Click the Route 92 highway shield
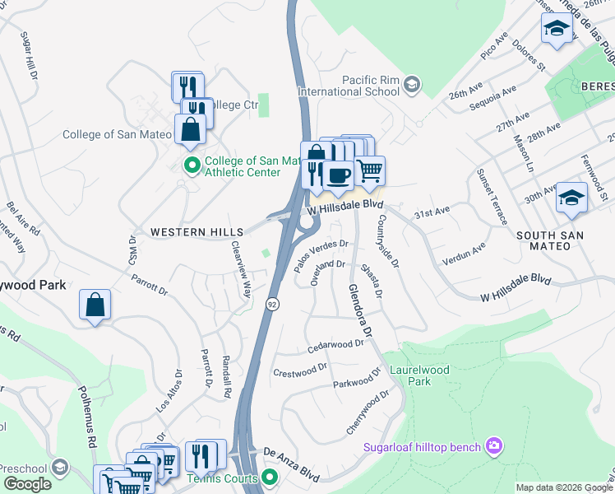click(271, 305)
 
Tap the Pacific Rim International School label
click(371, 85)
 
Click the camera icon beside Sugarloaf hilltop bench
click(493, 446)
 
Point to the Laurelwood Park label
click(419, 375)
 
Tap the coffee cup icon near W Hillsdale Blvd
click(338, 175)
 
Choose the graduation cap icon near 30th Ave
click(571, 198)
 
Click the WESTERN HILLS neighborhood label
click(197, 233)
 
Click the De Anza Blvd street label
click(291, 453)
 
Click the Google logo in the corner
click(27, 484)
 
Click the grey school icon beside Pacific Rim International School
click(412, 85)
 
